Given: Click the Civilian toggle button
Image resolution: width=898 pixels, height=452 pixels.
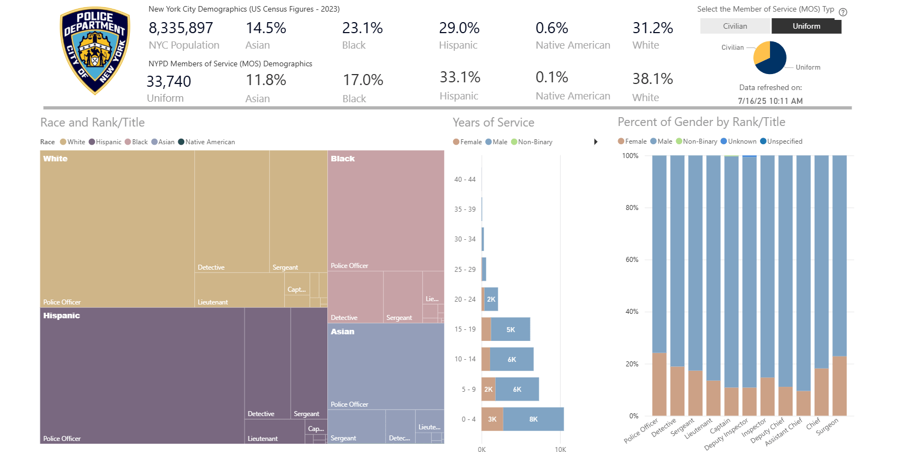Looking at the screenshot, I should [735, 26].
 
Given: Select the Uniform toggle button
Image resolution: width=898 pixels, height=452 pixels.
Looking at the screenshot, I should [806, 26].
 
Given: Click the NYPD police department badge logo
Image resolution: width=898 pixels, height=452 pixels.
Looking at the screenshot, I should [95, 51].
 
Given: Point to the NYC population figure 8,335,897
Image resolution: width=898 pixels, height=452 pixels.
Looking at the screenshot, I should [180, 28].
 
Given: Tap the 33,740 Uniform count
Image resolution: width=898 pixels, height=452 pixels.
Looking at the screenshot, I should [168, 82].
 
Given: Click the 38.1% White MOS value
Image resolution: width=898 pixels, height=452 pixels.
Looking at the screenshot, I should [652, 79].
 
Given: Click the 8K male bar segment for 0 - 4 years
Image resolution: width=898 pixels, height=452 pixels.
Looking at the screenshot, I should [533, 419].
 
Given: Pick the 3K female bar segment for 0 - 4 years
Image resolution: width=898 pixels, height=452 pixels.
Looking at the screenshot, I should [492, 419].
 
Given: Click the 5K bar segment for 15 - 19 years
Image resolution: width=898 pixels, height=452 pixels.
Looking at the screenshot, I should [511, 329].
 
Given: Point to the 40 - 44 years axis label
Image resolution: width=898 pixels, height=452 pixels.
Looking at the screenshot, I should [465, 180].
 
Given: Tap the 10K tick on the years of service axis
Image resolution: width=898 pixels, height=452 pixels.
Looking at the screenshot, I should [560, 449].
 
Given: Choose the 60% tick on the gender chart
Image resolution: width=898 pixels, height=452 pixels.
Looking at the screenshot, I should [632, 260].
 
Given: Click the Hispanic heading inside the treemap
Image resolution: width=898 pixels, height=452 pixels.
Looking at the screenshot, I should [62, 316].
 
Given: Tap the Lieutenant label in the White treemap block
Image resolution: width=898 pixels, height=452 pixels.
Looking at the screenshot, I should [213, 302].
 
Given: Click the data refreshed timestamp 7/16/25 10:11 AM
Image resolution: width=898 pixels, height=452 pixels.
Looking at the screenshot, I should [770, 101].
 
